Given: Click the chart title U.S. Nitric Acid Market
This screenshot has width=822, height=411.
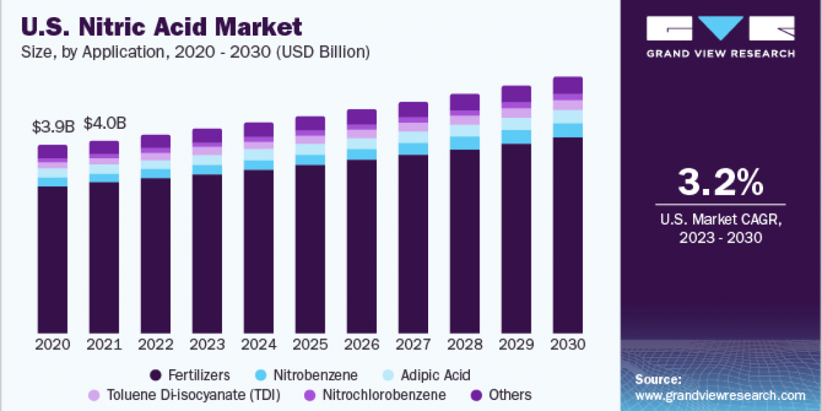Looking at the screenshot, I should pyautogui.click(x=162, y=27).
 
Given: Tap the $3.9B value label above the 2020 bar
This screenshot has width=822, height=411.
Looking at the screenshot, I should pyautogui.click(x=53, y=127).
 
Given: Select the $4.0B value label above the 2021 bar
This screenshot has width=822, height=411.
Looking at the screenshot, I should pyautogui.click(x=104, y=123).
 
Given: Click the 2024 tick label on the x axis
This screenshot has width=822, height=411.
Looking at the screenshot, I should pyautogui.click(x=258, y=345).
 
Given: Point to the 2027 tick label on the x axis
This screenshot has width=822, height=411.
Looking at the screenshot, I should pyautogui.click(x=413, y=345).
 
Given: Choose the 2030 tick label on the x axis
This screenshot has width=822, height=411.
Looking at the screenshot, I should pyautogui.click(x=568, y=345).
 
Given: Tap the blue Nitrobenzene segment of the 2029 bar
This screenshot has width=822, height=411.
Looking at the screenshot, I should pyautogui.click(x=516, y=136).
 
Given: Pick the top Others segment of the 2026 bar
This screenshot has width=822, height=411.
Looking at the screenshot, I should pyautogui.click(x=362, y=116).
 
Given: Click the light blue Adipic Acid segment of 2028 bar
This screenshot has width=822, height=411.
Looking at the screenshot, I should pyautogui.click(x=464, y=130).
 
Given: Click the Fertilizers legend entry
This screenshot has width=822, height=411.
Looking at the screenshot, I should pyautogui.click(x=189, y=375).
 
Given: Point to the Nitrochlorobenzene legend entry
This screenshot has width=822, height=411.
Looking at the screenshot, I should pyautogui.click(x=374, y=395).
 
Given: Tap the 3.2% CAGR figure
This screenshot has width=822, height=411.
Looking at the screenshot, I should pyautogui.click(x=720, y=182).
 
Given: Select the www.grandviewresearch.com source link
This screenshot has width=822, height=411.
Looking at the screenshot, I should pyautogui.click(x=720, y=395).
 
